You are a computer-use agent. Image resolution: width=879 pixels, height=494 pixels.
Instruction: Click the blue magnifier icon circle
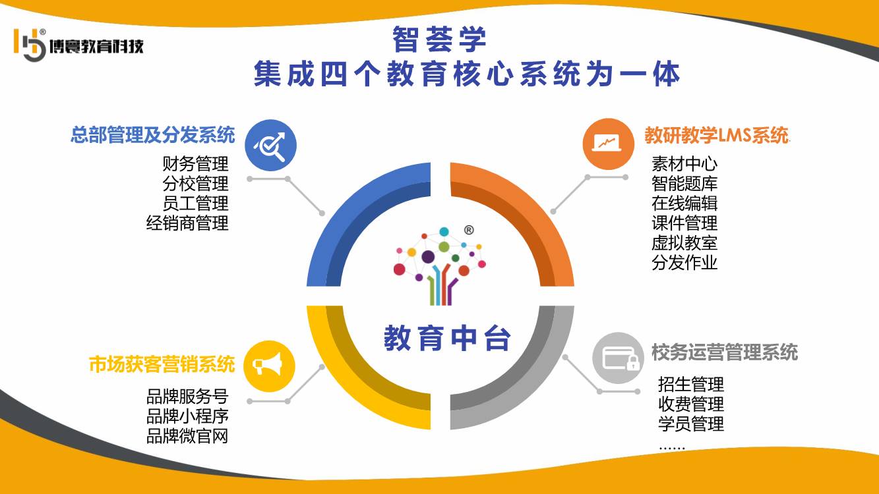(x=271, y=145)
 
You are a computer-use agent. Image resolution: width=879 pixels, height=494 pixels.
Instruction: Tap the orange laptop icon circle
(x=608, y=144)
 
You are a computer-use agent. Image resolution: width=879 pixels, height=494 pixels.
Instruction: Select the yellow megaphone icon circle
(x=269, y=366)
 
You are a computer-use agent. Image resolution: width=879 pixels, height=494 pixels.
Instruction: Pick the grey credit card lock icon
(x=618, y=358)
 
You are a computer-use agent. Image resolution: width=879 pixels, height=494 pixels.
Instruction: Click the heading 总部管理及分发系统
(x=152, y=135)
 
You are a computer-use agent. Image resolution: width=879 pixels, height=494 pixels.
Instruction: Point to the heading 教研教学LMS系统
(x=717, y=135)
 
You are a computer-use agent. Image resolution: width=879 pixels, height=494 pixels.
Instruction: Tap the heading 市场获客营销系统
(x=162, y=364)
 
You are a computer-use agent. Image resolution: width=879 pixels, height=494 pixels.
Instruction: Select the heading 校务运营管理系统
(x=725, y=352)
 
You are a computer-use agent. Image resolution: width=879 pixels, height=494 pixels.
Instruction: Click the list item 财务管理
(x=195, y=164)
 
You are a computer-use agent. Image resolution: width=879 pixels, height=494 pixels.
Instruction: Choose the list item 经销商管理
(x=187, y=223)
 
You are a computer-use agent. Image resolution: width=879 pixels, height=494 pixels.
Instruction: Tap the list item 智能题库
(x=684, y=184)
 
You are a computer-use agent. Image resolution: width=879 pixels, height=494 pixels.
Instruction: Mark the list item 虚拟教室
(x=684, y=242)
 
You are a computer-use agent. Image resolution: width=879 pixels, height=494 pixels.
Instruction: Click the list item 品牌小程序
(x=187, y=416)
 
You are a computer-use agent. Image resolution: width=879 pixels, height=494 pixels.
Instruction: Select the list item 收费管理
(x=691, y=404)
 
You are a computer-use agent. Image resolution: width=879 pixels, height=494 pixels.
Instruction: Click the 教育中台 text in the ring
(x=447, y=338)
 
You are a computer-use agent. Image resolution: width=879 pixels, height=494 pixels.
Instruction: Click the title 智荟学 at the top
(x=439, y=39)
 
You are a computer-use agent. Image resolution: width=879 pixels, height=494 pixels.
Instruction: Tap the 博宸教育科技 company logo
(x=78, y=45)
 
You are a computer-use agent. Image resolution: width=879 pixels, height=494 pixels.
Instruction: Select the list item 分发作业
(x=684, y=262)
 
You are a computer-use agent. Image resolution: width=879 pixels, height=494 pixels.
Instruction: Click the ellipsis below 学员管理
(x=672, y=448)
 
